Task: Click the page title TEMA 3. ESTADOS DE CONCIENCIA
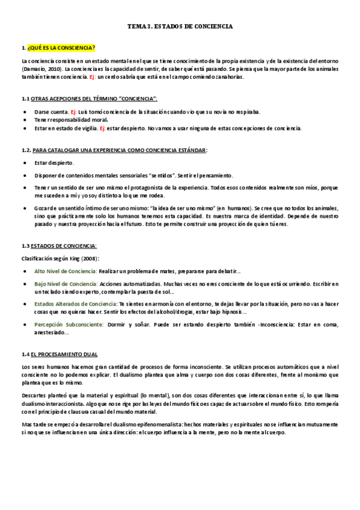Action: tap(180, 27)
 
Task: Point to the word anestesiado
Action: tap(50, 333)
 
